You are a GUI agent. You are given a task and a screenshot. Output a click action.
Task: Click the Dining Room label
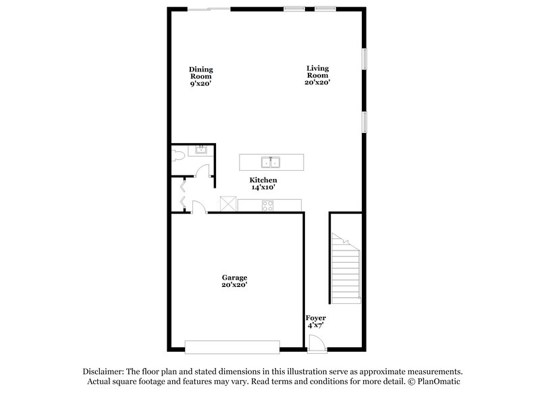pos(201,72)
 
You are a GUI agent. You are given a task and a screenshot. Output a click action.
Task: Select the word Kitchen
pos(263,180)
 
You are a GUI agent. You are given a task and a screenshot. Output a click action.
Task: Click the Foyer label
pos(316,318)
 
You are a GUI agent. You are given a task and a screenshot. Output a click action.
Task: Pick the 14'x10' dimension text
pos(263,187)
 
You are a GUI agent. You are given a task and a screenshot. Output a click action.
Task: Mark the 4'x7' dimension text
pos(316,325)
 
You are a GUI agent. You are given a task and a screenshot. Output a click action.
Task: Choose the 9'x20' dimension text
pos(201,84)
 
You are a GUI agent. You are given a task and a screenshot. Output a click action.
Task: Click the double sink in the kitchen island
pos(271,162)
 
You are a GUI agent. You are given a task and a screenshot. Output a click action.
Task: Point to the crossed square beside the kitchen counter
pos(228,204)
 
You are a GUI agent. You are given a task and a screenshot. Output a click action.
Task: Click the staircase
pos(345,267)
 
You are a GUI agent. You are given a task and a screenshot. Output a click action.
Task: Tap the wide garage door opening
pos(233,346)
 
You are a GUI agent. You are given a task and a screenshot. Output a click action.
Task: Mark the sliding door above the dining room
pos(209,9)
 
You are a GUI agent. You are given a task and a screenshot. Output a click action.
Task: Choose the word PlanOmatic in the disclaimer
pos(439,381)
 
